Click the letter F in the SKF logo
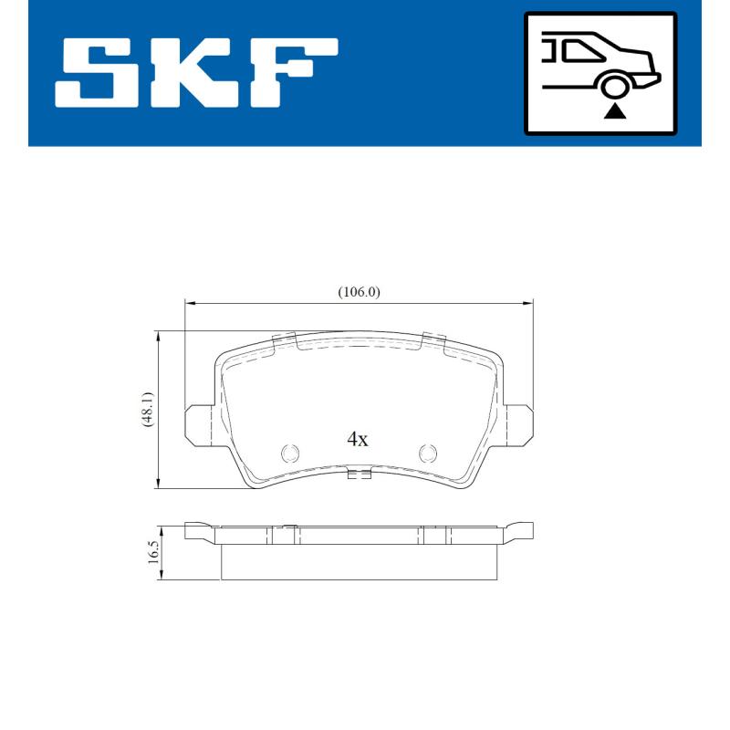click(x=292, y=72)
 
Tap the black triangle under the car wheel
click(x=616, y=111)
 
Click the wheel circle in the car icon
click(x=616, y=87)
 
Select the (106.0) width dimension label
click(x=359, y=292)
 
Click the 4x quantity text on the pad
click(x=357, y=439)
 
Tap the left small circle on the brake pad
click(x=290, y=452)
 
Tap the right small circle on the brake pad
click(x=427, y=452)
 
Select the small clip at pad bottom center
click(x=359, y=474)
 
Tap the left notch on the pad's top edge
click(x=287, y=339)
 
